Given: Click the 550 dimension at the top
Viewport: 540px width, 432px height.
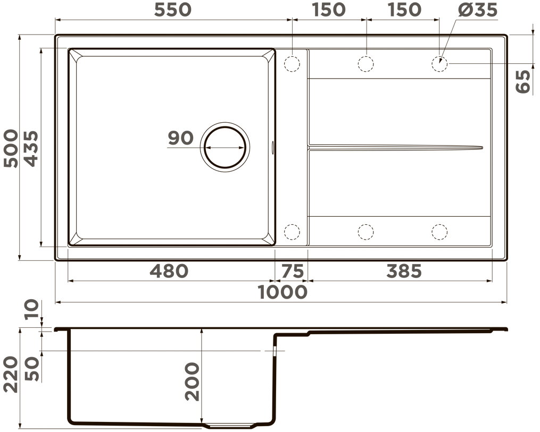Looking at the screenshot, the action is (x=172, y=10).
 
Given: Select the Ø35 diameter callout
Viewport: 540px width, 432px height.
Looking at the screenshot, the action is (x=478, y=10).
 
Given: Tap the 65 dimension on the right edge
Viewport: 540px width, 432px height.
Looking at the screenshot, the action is (x=523, y=81).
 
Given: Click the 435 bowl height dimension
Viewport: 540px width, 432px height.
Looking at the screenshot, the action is (x=31, y=148).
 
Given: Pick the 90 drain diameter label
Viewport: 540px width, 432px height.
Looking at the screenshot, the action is (x=181, y=138).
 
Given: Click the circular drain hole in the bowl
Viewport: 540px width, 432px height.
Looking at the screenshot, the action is (x=226, y=147).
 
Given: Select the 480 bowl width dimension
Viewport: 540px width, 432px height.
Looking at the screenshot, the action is (x=169, y=270).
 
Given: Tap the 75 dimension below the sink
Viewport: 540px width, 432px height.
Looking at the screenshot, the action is (x=293, y=270).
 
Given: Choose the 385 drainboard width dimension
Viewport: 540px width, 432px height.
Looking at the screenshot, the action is (x=404, y=270).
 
